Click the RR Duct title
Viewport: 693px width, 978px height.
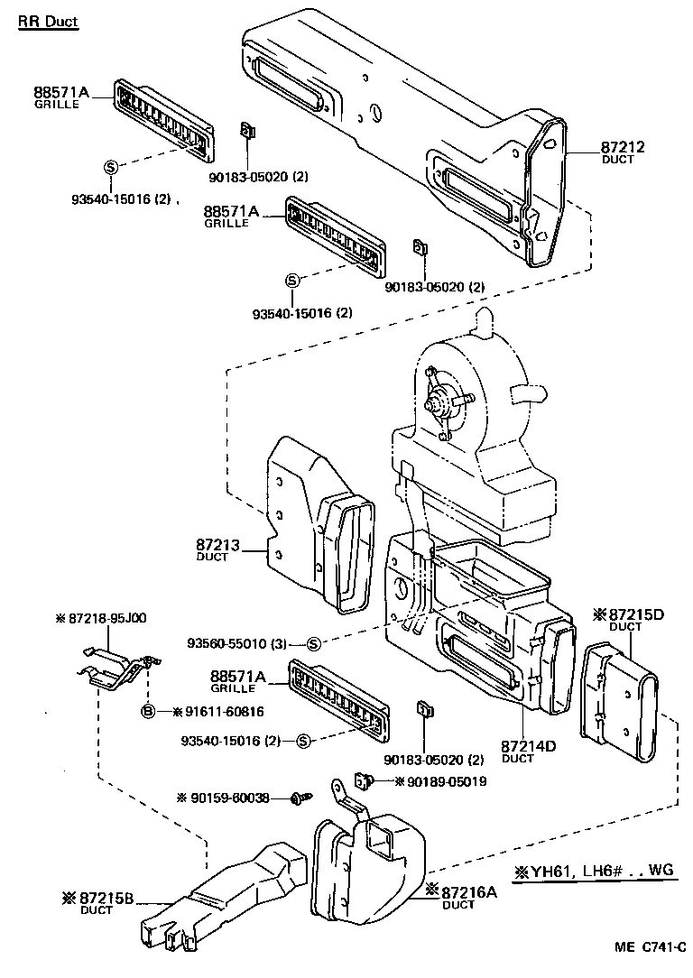tap(48, 21)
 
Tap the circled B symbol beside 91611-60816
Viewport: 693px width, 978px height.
tap(148, 712)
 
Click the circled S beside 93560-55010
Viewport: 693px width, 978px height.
tap(313, 643)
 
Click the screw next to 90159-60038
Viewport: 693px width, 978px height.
tap(301, 798)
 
